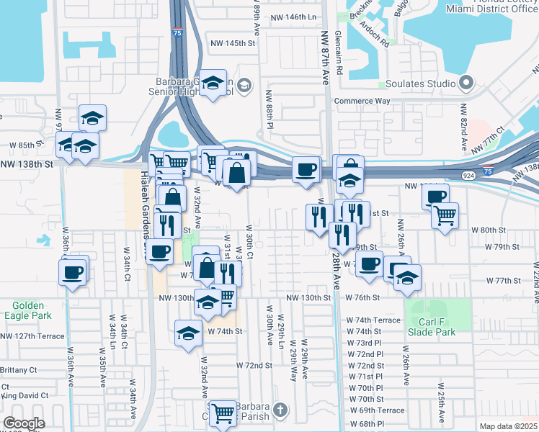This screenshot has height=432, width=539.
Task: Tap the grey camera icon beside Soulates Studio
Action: [x=465, y=84]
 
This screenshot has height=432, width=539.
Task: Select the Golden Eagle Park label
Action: [x=27, y=310]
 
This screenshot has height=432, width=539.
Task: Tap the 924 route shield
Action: [x=468, y=175]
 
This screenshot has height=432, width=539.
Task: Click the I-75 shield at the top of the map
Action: [x=177, y=32]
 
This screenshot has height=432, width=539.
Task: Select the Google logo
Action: [x=24, y=423]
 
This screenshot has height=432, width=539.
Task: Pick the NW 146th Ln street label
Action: [x=293, y=17]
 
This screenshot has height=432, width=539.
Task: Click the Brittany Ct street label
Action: [x=19, y=369]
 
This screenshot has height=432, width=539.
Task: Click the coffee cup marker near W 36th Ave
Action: [x=72, y=272]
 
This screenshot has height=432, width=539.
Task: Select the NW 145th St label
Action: [x=231, y=43]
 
